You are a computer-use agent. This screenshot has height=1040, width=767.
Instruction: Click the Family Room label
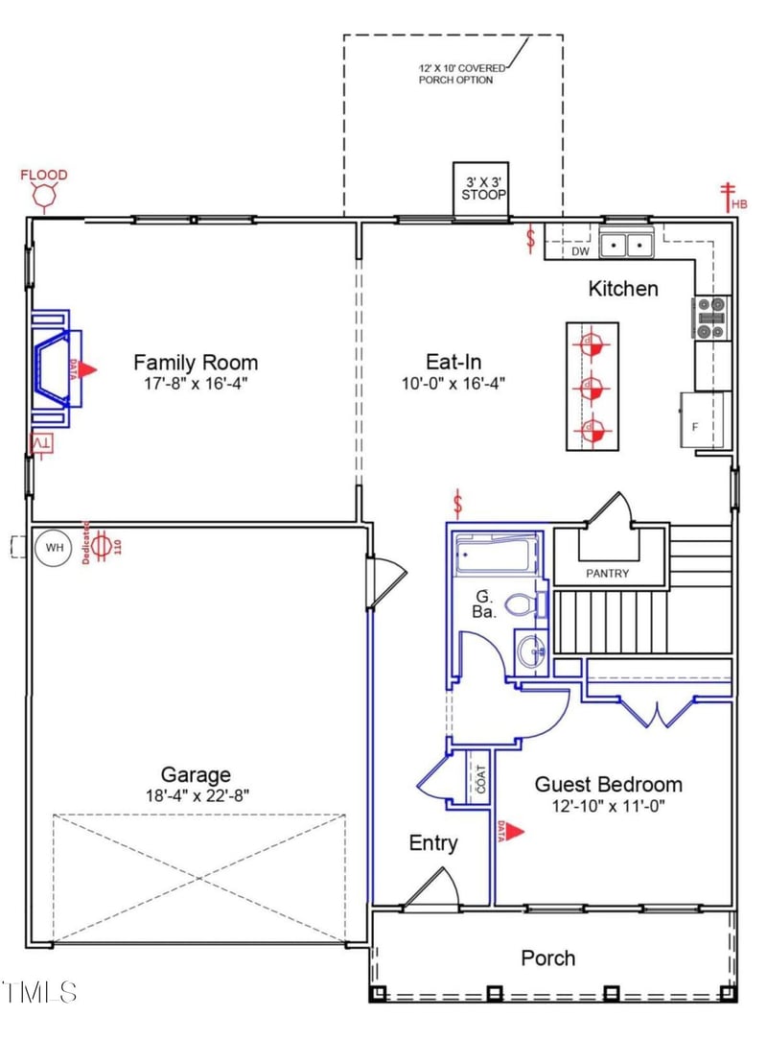[195, 363]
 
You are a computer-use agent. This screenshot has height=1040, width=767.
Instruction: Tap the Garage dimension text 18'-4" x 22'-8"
[196, 795]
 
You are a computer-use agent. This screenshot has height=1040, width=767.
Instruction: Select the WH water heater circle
[54, 548]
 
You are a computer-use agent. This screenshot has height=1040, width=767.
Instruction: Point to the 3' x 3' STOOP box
[480, 188]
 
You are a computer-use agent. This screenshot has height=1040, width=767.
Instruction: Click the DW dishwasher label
[580, 251]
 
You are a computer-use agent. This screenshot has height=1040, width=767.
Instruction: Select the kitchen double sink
[626, 247]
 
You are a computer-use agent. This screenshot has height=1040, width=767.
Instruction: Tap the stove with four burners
[710, 318]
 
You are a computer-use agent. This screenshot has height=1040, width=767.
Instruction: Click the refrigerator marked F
[706, 420]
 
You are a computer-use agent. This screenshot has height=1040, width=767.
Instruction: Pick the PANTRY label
[608, 574]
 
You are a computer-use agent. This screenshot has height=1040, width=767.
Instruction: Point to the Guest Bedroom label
[609, 784]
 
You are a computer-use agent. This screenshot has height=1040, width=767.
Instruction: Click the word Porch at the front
[548, 957]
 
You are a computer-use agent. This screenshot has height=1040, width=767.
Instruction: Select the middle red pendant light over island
[591, 389]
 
